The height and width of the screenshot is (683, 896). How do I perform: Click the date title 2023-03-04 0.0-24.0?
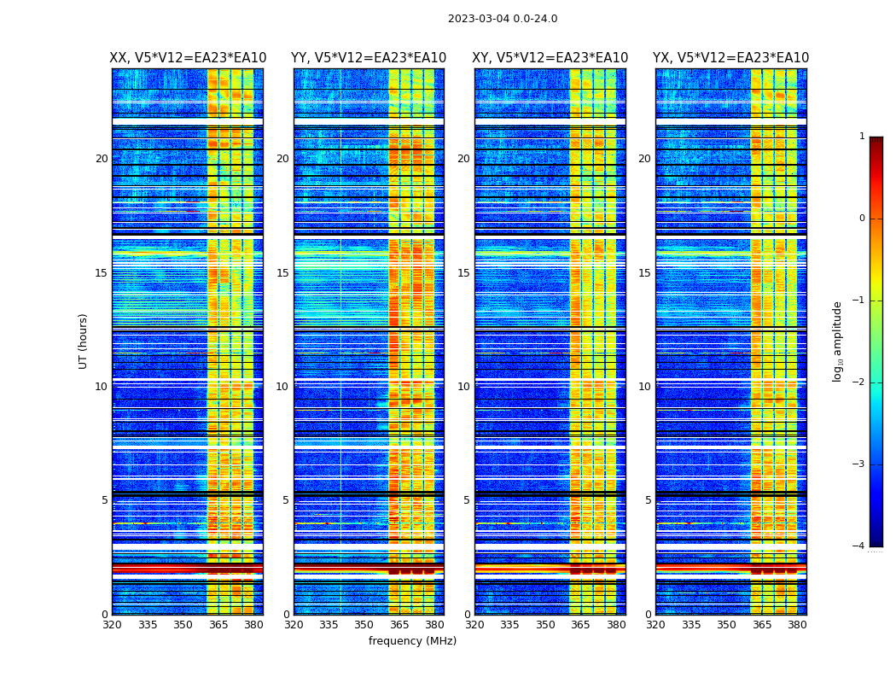click(x=503, y=19)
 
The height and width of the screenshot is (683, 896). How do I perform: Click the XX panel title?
click(x=188, y=58)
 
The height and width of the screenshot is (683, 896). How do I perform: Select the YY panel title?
click(x=369, y=58)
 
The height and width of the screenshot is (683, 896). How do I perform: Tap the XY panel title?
click(x=550, y=58)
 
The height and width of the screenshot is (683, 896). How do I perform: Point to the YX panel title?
click(x=731, y=58)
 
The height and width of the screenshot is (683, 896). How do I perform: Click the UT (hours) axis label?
click(x=84, y=341)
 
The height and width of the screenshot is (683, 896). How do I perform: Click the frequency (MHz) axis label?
click(x=412, y=641)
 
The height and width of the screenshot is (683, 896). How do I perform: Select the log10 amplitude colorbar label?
click(x=837, y=341)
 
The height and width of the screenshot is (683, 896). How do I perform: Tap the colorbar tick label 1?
click(x=862, y=137)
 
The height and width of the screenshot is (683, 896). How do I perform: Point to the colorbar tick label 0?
click(x=862, y=219)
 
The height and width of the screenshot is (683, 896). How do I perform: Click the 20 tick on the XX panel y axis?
click(x=102, y=159)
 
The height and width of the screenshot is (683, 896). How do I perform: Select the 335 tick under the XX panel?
click(x=148, y=625)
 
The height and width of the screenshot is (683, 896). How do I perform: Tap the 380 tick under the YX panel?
click(x=797, y=625)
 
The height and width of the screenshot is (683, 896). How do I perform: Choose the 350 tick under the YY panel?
click(x=364, y=625)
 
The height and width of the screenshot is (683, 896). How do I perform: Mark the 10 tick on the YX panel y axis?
click(x=644, y=387)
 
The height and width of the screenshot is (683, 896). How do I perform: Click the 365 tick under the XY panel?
click(x=580, y=625)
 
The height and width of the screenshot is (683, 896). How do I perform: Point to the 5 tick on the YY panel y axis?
click(x=285, y=500)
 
